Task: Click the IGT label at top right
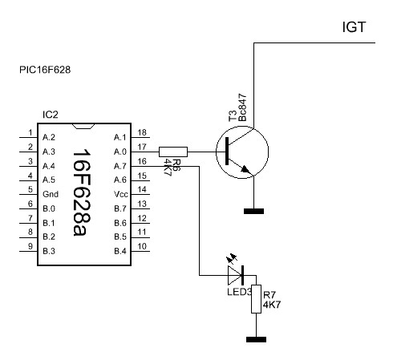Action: coord(354,27)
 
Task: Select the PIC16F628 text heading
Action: coord(45,70)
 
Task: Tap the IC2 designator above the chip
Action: coord(51,115)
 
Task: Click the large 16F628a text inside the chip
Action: coord(82,192)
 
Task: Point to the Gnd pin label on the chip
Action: coord(51,194)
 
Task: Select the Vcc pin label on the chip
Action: coord(121,194)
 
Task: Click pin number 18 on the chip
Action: coord(142,132)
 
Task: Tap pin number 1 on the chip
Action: coord(30,132)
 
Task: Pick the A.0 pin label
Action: coord(120,152)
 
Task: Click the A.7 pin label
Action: coord(120,166)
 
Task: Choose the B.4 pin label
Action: coord(120,251)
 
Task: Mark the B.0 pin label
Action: coord(49,208)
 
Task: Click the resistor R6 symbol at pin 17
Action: coord(173,152)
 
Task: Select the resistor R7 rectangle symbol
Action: coord(256,299)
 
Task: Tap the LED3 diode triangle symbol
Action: coord(235,275)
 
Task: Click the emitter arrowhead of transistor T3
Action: coord(245,169)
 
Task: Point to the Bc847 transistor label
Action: coord(242,107)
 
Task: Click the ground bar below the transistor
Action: coord(253,212)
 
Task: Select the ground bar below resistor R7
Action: coord(256,340)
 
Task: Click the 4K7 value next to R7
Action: coord(272,305)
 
